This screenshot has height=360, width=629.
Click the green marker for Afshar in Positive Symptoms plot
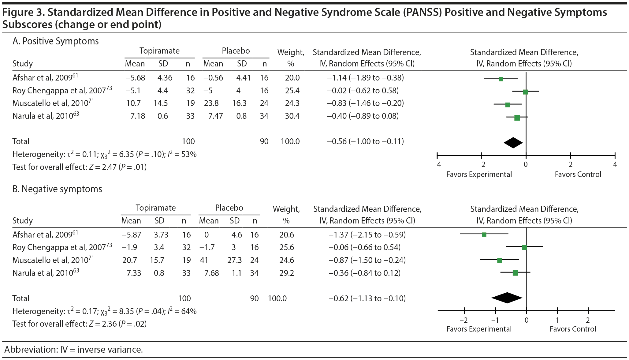point(501,79)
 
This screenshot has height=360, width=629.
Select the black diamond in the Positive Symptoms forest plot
point(513,143)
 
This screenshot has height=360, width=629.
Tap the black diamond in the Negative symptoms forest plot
point(507,298)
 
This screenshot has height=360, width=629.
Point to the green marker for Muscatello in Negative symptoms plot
point(500,260)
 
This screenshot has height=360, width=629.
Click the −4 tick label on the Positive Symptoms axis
point(437,164)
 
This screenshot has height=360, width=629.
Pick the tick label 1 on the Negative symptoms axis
point(557,320)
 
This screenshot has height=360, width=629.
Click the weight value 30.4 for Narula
point(292,116)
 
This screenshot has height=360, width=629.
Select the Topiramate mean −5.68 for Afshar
point(135,78)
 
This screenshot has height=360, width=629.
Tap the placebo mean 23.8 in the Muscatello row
point(211,103)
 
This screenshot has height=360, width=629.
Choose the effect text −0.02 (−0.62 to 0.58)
point(363,91)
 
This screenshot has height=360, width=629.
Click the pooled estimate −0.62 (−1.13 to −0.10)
point(367,298)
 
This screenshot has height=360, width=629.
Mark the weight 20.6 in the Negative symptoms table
point(287,235)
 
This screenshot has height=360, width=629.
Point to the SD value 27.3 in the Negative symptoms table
point(235,260)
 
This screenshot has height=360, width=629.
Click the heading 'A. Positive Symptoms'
point(56,41)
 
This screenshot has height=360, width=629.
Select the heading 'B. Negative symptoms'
point(57,189)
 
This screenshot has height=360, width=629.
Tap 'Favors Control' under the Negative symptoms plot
point(573,329)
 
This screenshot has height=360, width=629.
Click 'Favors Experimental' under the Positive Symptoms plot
point(479,174)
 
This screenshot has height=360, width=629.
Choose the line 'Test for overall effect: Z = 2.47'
point(80,167)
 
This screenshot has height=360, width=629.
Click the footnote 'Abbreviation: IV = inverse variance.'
point(74,350)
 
